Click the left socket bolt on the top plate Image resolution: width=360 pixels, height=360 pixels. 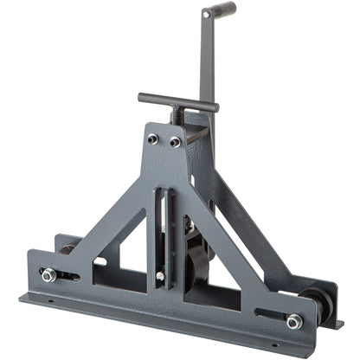153,138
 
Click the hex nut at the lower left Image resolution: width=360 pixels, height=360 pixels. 49,275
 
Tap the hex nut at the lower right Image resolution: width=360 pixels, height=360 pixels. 295,321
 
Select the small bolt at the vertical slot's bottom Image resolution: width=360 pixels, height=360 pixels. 160,276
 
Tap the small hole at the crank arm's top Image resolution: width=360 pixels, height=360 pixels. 206,16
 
